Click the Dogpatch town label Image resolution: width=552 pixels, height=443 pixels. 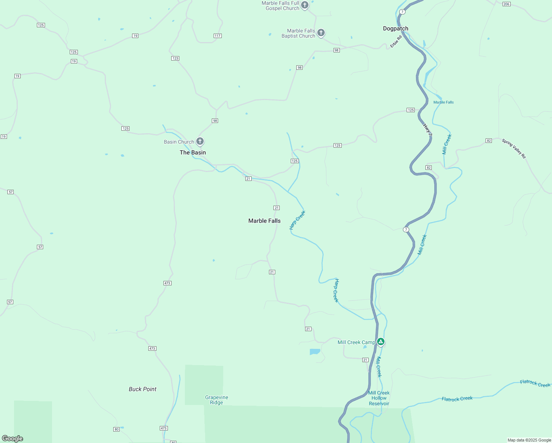396,28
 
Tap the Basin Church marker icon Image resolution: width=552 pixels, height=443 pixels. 200,141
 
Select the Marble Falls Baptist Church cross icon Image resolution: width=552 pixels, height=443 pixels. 321,32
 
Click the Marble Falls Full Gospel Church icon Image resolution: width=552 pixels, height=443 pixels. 305,5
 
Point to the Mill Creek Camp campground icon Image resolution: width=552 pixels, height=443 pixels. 381,341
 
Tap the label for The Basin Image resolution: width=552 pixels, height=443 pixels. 193,152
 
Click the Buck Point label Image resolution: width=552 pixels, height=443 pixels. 142,389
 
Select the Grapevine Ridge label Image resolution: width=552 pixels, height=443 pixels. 217,400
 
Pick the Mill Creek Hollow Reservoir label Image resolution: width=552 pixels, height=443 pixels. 379,398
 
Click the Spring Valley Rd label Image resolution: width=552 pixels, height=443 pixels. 514,148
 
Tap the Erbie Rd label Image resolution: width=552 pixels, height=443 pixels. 396,41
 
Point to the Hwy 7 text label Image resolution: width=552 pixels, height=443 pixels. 427,130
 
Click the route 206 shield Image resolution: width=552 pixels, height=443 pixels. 506,4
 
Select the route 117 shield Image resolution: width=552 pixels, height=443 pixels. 217,36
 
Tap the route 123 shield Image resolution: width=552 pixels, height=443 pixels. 175,58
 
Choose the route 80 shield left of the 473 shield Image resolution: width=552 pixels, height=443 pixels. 117,429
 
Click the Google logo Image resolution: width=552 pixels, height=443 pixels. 13,439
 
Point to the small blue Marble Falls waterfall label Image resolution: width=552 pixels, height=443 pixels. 444,102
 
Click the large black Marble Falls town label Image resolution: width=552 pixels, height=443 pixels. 264,221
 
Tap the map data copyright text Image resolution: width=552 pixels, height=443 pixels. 529,440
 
